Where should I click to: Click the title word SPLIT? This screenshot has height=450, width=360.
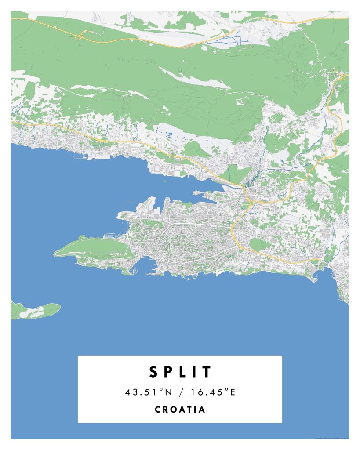pyautogui.click(x=180, y=372)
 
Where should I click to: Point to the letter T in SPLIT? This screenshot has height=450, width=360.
pyautogui.click(x=207, y=372)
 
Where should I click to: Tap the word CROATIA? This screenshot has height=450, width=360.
pyautogui.click(x=180, y=410)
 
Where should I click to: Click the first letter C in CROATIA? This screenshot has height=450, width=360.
pyautogui.click(x=158, y=410)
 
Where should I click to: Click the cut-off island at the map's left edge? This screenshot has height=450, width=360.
pyautogui.click(x=33, y=310)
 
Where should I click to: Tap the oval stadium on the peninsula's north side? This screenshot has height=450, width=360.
pyautogui.click(x=138, y=225)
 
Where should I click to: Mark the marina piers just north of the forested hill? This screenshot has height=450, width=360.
pyautogui.click(x=110, y=236)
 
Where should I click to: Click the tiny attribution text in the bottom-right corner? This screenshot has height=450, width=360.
pyautogui.click(x=332, y=438)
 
